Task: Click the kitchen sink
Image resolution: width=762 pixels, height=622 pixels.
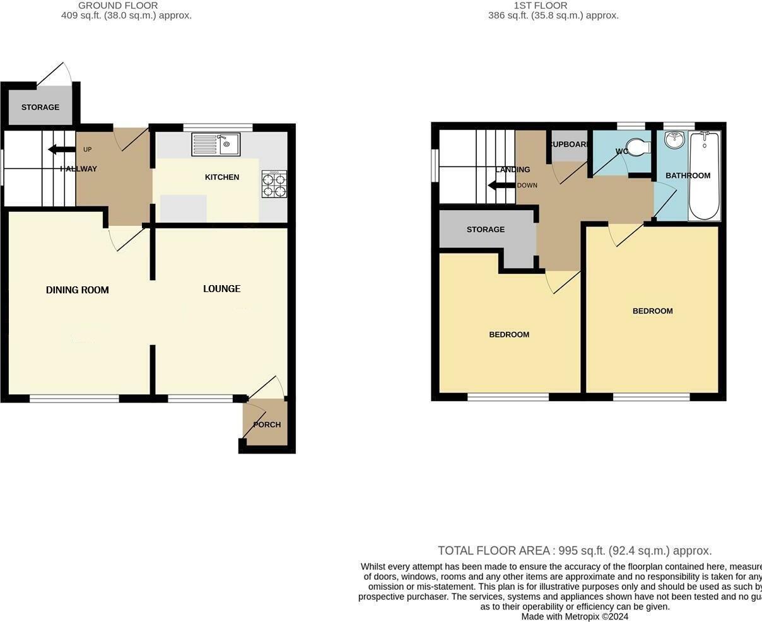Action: point(216,144)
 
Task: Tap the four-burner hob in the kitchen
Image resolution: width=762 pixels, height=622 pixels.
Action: point(274,185)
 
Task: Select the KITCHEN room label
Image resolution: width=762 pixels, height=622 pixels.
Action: point(222,177)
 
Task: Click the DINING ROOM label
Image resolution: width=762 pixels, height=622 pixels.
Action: point(78,290)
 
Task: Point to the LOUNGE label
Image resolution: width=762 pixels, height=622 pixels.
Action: point(221,289)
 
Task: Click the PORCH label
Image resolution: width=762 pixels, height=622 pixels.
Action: point(267,425)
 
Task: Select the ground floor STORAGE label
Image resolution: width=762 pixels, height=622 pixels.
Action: point(40,107)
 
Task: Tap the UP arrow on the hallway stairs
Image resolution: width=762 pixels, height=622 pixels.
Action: point(61,150)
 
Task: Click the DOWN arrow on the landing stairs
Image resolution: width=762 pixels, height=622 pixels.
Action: point(501,185)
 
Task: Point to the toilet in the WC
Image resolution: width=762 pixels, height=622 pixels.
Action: point(639,147)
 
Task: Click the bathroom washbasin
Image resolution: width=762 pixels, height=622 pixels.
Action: point(674,139)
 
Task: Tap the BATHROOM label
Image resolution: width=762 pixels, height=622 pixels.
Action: point(688,176)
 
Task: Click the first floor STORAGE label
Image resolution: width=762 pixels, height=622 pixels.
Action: point(486,230)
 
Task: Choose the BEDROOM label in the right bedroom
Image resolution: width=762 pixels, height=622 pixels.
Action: point(652,311)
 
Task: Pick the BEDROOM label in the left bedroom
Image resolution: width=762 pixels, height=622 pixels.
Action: point(509,335)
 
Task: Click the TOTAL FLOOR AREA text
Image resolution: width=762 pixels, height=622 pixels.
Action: point(575,551)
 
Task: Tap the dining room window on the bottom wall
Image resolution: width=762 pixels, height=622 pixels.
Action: point(74,398)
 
